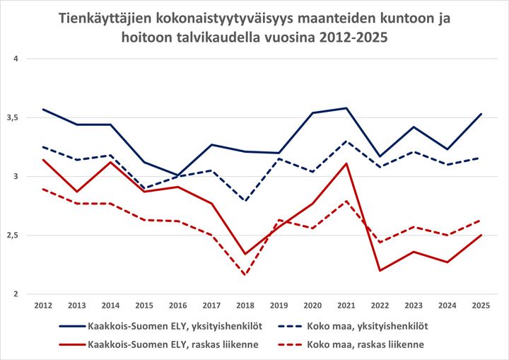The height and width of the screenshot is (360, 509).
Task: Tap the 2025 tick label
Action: pyautogui.click(x=480, y=306)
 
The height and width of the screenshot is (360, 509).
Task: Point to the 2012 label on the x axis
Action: pyautogui.click(x=44, y=306)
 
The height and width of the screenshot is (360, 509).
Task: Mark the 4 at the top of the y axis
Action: pyautogui.click(x=23, y=59)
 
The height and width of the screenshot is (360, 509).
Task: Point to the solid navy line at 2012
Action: pyautogui.click(x=44, y=110)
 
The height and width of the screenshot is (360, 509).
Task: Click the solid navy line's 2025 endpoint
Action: pyautogui.click(x=480, y=114)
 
